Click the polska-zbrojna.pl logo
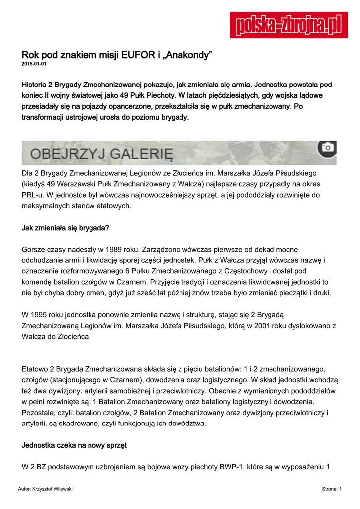click(288, 25)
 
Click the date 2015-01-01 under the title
click(34, 64)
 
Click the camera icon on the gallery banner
click(327, 148)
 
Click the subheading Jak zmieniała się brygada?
click(65, 228)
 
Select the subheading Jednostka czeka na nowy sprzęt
click(74, 445)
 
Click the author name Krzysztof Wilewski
click(52, 490)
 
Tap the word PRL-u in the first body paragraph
click(34, 194)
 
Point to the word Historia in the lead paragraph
click(37, 85)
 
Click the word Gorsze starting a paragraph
click(34, 249)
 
